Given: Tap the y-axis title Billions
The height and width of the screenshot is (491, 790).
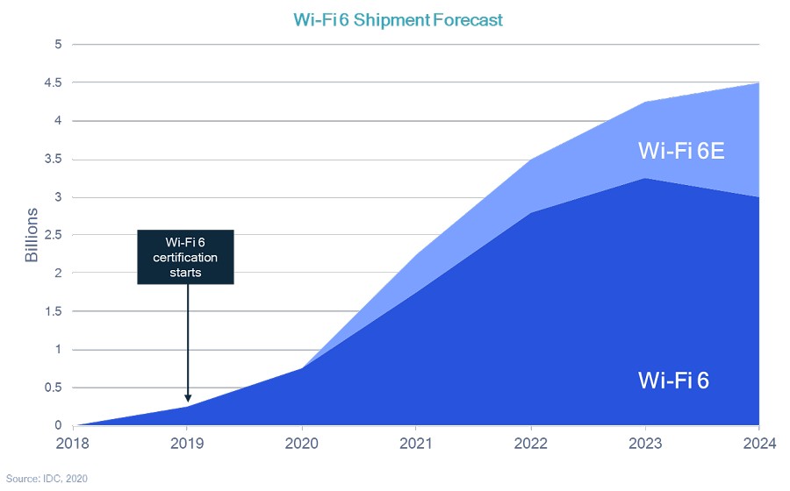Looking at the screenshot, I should pyautogui.click(x=32, y=235).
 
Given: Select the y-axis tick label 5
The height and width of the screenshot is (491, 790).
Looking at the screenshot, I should pyautogui.click(x=59, y=44).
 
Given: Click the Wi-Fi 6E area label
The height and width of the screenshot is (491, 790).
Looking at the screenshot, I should pyautogui.click(x=682, y=151).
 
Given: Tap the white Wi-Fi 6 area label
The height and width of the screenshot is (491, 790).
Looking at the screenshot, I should pyautogui.click(x=673, y=381).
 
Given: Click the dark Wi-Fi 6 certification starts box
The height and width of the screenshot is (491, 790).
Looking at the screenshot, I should pyautogui.click(x=188, y=257).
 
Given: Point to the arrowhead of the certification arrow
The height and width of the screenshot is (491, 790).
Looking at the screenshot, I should pyautogui.click(x=188, y=398).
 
